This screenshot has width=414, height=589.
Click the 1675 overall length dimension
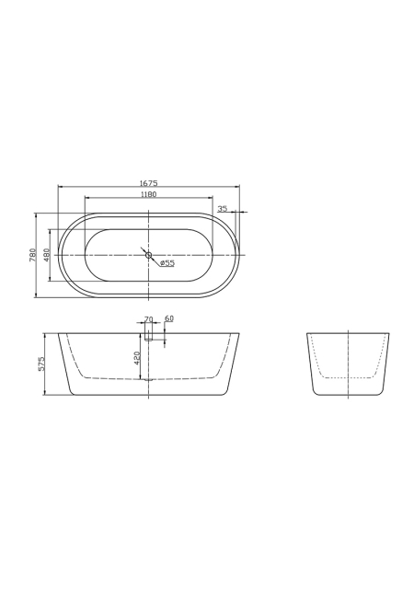point(148,183)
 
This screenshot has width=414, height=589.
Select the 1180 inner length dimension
point(148,194)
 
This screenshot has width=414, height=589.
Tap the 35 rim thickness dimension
point(223,209)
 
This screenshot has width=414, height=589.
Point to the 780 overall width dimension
point(32,255)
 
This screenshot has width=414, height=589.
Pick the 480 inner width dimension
point(46,255)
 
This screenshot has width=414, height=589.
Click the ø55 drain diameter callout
point(167,263)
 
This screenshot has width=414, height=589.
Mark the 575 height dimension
point(41,364)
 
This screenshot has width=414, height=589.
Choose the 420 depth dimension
point(137,358)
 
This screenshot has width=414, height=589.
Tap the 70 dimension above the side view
point(149,319)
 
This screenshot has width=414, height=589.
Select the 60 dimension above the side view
point(169,318)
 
